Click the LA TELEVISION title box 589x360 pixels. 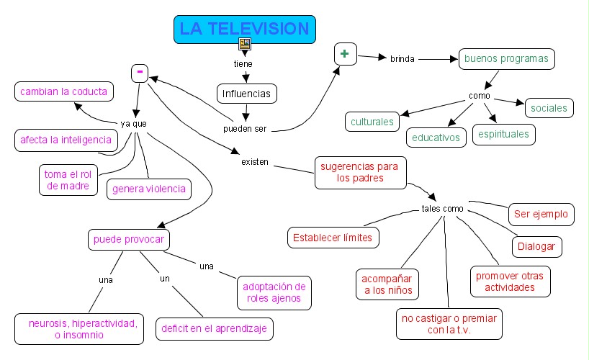(x=245, y=30)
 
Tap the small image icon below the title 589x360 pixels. (x=245, y=44)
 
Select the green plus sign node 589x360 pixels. (x=346, y=54)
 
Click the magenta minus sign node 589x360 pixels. (x=140, y=73)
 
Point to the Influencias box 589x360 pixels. (x=247, y=94)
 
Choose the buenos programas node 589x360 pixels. (x=507, y=59)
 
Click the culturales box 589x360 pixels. (x=372, y=122)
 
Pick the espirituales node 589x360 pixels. (x=504, y=135)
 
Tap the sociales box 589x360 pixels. (x=549, y=108)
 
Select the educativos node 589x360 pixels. (x=436, y=138)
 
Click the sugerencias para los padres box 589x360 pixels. (x=361, y=173)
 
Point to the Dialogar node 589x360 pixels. (x=536, y=247)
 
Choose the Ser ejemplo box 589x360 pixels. (x=541, y=215)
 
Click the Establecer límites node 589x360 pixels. (x=333, y=238)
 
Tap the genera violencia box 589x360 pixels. (x=149, y=189)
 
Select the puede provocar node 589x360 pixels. (x=129, y=240)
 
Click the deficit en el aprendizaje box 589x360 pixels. (x=215, y=329)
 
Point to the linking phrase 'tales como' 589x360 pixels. (x=443, y=209)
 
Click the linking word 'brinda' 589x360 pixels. (x=403, y=59)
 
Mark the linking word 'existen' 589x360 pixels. (x=255, y=162)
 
